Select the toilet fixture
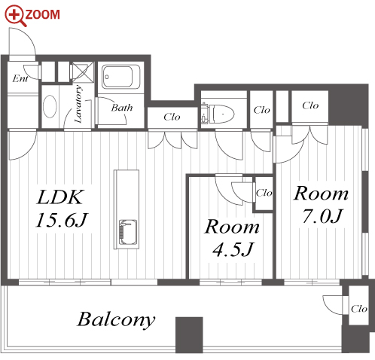pyautogui.click(x=218, y=113)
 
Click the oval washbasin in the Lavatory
pyautogui.click(x=50, y=106)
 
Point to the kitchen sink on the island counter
pyautogui.click(x=128, y=233)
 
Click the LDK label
pyautogui.click(x=59, y=197)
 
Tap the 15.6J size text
pyautogui.click(x=62, y=220)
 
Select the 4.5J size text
pyautogui.click(x=233, y=249)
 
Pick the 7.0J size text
pyautogui.click(x=322, y=216)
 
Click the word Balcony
pyautogui.click(x=116, y=319)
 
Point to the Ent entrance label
pyautogui.click(x=20, y=78)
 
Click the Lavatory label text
pyautogui.click(x=78, y=104)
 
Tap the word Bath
pyautogui.click(x=122, y=108)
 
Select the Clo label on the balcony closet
pyautogui.click(x=359, y=309)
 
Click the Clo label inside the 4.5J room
pyautogui.click(x=264, y=193)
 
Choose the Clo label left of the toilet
pyautogui.click(x=172, y=117)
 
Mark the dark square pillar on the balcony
pyautogui.click(x=189, y=335)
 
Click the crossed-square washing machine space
pyautogui.click(x=83, y=72)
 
